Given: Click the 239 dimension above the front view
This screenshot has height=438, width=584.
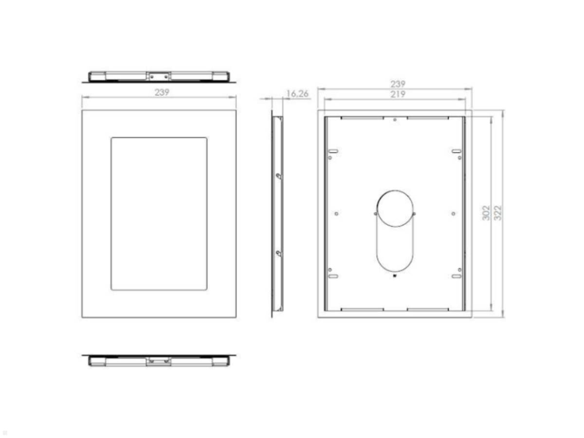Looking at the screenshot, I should tap(162, 92).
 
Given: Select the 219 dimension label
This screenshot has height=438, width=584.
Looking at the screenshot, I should tap(398, 94).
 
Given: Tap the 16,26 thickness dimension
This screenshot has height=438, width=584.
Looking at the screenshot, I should tap(297, 94).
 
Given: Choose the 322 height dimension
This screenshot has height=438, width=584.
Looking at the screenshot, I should tap(498, 213).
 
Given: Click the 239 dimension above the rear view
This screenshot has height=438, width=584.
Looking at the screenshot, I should tap(398, 84).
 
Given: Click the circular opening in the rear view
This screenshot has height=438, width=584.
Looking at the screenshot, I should tap(395, 208).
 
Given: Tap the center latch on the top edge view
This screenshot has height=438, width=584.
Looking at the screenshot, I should tap(159, 76).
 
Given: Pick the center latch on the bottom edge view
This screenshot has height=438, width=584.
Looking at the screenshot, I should tap(159, 361).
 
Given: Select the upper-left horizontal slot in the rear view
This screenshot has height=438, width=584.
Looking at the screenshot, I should tap(333, 151).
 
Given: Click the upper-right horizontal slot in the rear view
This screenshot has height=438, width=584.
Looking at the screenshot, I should tap(456, 151).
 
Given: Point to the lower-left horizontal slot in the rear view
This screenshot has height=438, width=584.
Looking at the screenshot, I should tap(333, 276).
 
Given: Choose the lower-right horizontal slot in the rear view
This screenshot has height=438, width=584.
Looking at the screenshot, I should tap(456, 276).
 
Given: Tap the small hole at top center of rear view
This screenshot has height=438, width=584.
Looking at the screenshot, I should tap(395, 120).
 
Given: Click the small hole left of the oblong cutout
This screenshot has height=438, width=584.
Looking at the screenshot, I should tap(336, 213).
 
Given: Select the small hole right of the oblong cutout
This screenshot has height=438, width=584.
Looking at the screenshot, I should tap(453, 213).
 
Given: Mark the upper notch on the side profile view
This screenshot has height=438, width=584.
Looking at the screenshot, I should tap(278, 176).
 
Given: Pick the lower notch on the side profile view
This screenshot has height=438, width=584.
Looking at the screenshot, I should tap(278, 253).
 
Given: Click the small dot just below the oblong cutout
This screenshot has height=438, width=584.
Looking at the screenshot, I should tap(395, 278).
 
